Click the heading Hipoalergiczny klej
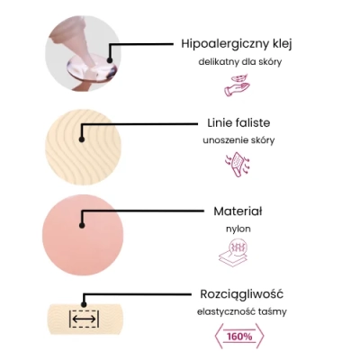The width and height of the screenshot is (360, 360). [x=237, y=44]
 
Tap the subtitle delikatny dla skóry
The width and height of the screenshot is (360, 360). [x=240, y=62]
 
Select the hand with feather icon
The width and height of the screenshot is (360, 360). [x=238, y=85]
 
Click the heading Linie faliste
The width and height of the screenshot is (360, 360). [x=238, y=122]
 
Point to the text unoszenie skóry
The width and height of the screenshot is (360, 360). [x=238, y=140]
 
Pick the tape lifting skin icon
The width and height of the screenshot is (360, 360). [x=238, y=165]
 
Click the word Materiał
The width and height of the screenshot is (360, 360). [x=238, y=211]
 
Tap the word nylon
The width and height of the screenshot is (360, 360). [x=238, y=229]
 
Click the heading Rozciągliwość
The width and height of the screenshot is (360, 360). [x=241, y=294]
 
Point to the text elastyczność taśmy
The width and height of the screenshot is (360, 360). [x=242, y=312]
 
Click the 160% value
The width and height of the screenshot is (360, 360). [x=239, y=337]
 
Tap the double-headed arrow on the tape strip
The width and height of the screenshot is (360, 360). [x=84, y=319]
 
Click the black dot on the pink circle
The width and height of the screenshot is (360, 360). [x=82, y=225]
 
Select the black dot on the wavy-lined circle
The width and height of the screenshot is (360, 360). [x=82, y=139]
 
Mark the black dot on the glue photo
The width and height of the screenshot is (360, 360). [x=110, y=60]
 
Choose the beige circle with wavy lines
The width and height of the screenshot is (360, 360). [x=83, y=147]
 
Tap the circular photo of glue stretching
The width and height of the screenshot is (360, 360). [x=83, y=53]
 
